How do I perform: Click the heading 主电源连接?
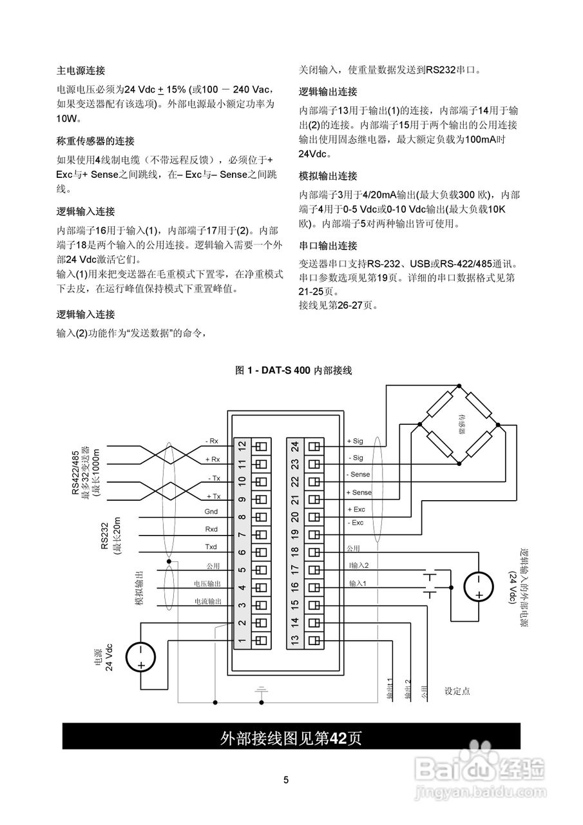[81, 70]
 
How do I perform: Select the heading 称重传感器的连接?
[95, 141]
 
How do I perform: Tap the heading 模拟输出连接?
[328, 176]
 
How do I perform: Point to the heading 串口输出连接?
[328, 246]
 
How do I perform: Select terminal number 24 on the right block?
[294, 445]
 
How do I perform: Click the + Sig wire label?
[355, 441]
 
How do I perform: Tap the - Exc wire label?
[355, 523]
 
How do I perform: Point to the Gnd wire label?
[211, 511]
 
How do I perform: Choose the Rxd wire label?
[211, 529]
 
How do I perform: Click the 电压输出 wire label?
[207, 583]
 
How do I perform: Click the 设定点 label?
[457, 691]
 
